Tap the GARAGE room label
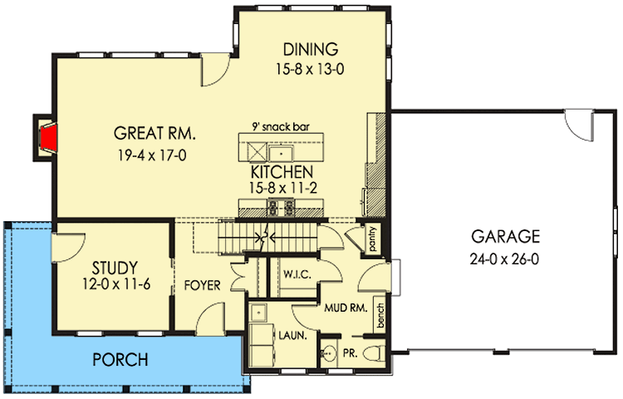coord(505,236)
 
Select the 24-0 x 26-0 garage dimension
coord(504,259)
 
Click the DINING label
coord(311,49)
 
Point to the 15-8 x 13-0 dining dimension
coord(311,69)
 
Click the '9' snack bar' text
coord(281,127)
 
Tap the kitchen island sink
coord(281,153)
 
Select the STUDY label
coord(115,268)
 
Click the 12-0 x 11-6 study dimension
coord(116,284)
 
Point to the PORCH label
coord(120,360)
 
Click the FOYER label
coord(202,285)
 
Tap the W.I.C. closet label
coord(297,274)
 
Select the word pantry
coord(372,239)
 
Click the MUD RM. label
coord(346,308)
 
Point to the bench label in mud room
coord(380,316)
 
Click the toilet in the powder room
coord(375,352)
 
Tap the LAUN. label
coord(293,336)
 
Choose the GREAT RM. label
coord(155,133)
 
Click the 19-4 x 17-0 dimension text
coord(152,155)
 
